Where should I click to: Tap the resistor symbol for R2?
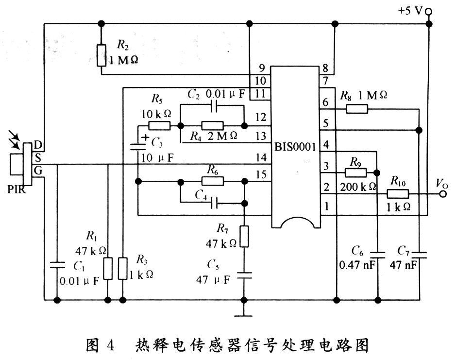[x=101, y=55]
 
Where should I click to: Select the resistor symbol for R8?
[x=356, y=109]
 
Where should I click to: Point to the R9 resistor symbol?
[x=355, y=172]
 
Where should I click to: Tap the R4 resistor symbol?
[x=212, y=125]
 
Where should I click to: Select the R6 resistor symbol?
[x=212, y=181]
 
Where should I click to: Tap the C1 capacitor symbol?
[x=57, y=265]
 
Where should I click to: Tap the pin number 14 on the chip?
[x=261, y=157]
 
